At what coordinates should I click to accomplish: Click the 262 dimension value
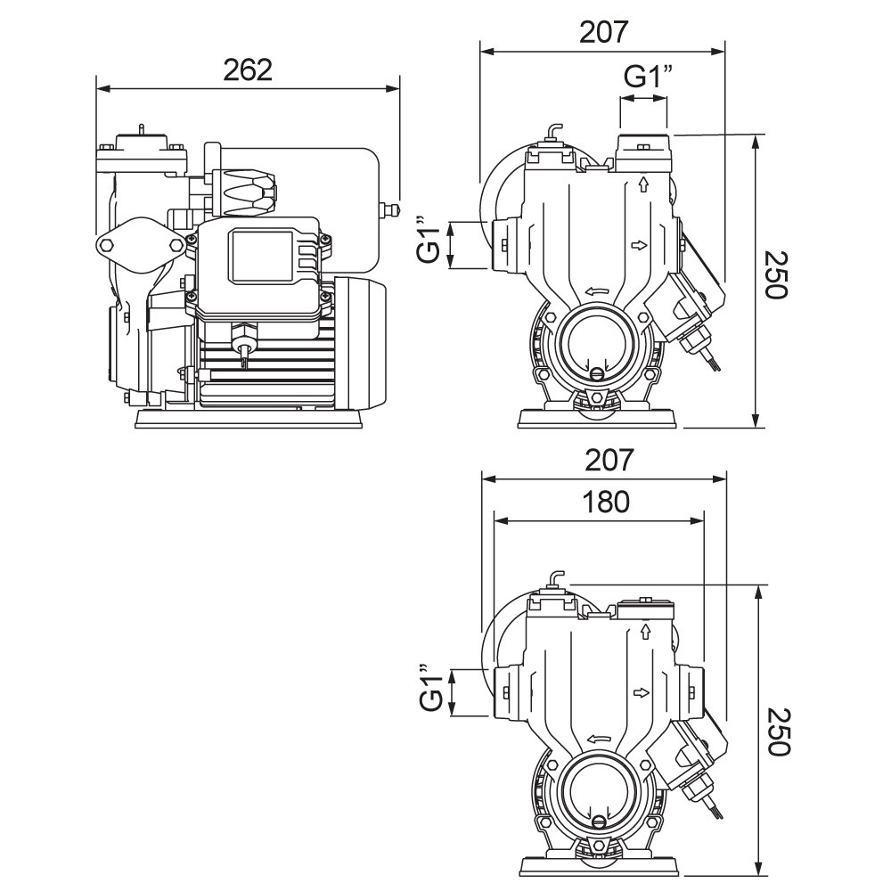coord(248,69)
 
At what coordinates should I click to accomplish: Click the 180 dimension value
coord(606,502)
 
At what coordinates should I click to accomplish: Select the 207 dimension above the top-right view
coord(604,32)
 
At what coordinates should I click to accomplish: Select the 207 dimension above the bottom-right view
coord(609,460)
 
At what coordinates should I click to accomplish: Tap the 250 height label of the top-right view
coord(776,275)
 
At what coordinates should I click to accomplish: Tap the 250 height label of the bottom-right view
coord(778,732)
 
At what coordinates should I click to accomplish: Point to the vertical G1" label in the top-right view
coord(430,240)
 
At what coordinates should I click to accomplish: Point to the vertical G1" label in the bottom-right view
coord(432,686)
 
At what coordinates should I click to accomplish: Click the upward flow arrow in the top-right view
coord(644,184)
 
